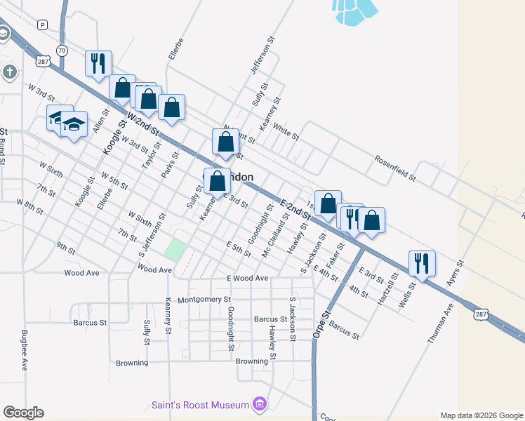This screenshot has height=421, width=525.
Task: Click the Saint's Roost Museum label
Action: point(201,405)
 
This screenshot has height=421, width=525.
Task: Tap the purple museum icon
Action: point(260,404)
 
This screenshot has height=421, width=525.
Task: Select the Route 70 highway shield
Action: point(62,51)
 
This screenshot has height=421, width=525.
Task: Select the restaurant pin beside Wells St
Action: point(422,263)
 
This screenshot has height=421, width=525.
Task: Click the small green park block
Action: point(176,249)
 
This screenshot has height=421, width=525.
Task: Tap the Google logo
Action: point(23,413)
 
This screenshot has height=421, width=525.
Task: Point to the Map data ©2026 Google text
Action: point(481,415)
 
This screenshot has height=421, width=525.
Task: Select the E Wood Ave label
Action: point(247,279)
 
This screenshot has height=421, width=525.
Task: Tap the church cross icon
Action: point(9,72)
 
